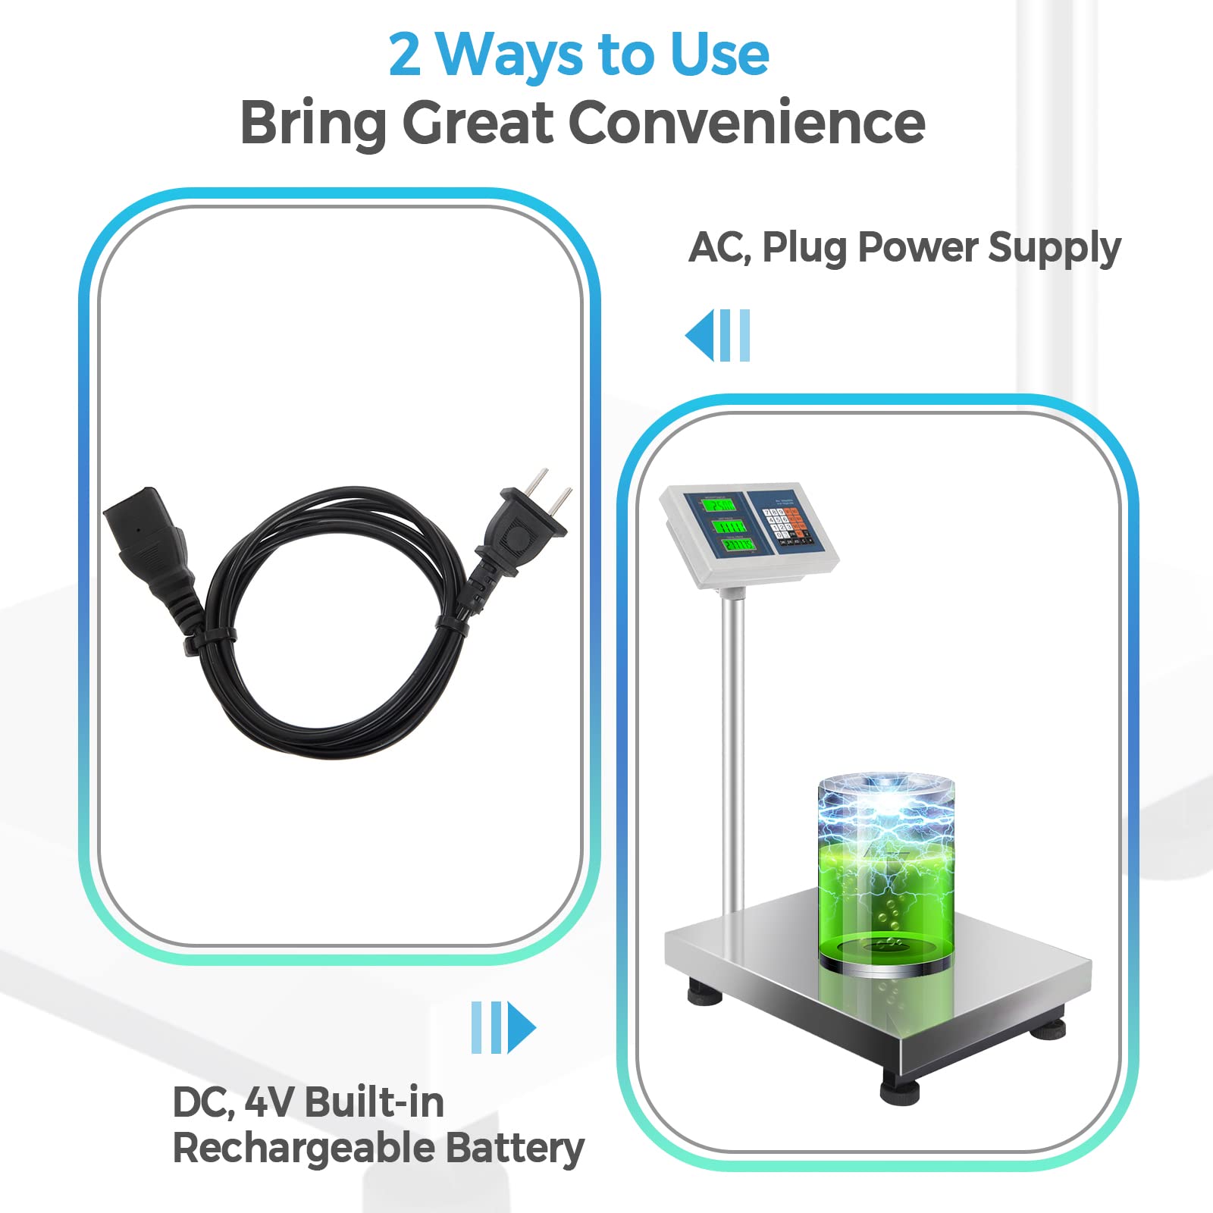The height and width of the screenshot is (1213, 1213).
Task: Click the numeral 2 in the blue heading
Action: [x=405, y=55]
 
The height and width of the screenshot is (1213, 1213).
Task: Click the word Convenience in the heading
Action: [x=747, y=123]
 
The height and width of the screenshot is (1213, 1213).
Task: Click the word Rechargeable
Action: [x=302, y=1149]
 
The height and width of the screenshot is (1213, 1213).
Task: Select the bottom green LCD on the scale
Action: [x=738, y=544]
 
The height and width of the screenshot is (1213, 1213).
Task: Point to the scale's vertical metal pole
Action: [x=732, y=751]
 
